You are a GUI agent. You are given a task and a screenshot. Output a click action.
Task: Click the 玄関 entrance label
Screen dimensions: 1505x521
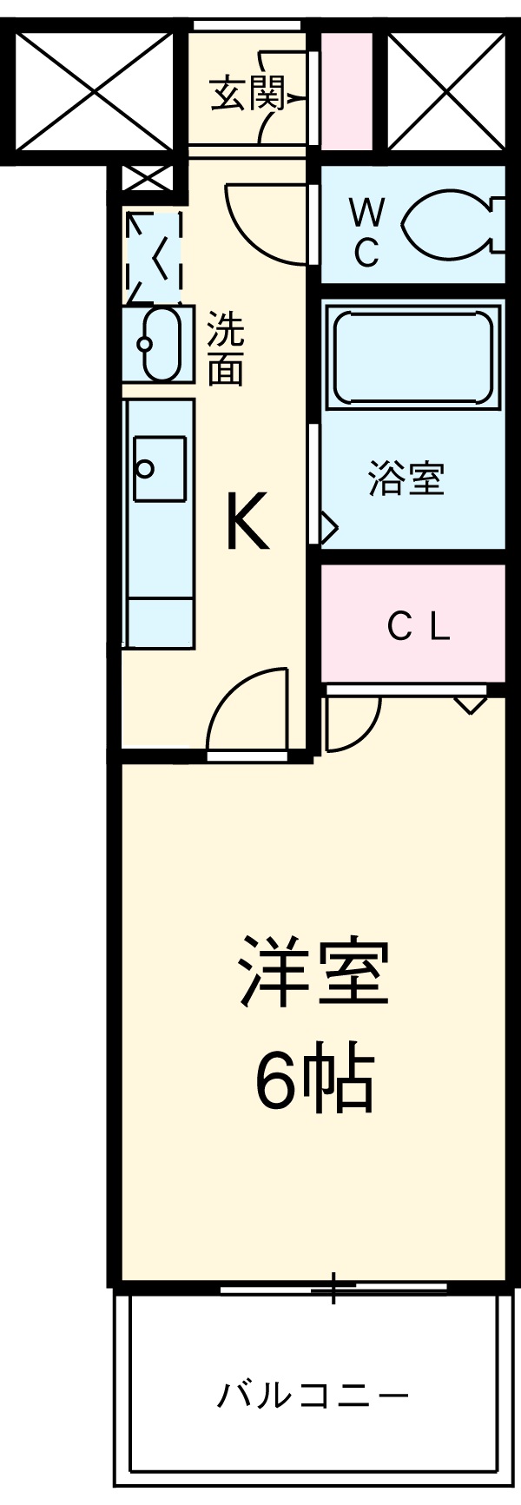click(x=247, y=95)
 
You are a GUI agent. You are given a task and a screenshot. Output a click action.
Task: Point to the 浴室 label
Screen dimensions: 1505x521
click(x=406, y=479)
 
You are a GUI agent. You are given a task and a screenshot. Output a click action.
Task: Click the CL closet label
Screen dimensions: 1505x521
click(x=419, y=626)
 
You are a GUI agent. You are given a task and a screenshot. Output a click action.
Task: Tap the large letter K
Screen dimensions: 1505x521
click(x=247, y=521)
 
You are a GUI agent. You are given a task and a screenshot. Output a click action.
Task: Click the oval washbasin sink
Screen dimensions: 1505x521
click(x=160, y=344)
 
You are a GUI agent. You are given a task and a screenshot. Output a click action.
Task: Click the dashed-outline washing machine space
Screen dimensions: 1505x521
click(x=155, y=252)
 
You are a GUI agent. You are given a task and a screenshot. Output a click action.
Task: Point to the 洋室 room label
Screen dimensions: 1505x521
click(x=313, y=971)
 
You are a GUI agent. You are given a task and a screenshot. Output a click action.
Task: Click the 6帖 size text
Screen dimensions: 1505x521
click(x=313, y=1079)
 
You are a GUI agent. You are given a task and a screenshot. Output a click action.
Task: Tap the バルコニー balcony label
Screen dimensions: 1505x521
click(x=312, y=1396)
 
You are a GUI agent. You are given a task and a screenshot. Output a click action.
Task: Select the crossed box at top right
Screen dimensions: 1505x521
click(x=446, y=89)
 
